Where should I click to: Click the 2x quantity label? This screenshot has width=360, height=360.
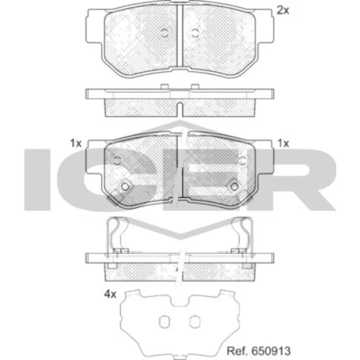[283, 10]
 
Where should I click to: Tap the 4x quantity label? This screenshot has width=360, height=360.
[110, 294]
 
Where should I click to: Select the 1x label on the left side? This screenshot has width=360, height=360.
[76, 143]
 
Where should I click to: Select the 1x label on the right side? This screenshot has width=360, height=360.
[283, 143]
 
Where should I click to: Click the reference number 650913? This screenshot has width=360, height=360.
[271, 351]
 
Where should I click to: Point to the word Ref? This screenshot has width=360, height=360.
[238, 351]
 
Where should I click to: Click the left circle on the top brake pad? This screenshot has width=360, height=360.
[165, 32]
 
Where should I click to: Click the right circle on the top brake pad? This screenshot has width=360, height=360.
[194, 32]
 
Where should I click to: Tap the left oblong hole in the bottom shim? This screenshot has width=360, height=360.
[164, 321]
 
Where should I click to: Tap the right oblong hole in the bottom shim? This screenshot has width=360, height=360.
[194, 321]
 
